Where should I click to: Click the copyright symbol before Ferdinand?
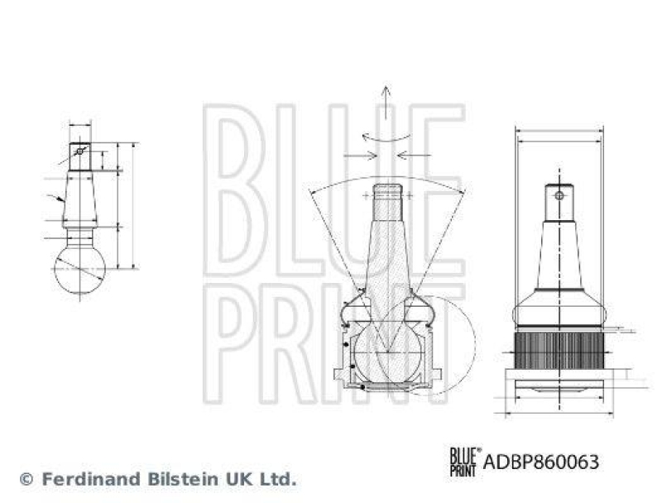click(x=26, y=479)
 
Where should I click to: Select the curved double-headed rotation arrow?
click(x=386, y=136)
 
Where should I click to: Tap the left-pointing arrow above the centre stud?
click(x=412, y=155)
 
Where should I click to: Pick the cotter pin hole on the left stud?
click(x=79, y=151)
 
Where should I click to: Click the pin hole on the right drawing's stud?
click(x=559, y=196)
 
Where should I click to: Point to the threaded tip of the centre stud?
click(x=386, y=195)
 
